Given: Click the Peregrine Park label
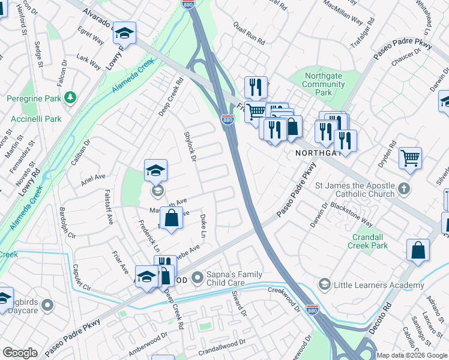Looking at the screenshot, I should [x=32, y=98].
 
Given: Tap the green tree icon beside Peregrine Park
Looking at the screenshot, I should [x=71, y=97].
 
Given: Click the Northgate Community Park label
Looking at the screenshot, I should [x=324, y=85].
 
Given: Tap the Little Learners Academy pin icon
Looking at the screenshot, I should [x=325, y=283].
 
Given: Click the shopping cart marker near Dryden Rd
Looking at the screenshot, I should [x=411, y=158].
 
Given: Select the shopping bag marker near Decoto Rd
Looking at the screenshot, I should [x=418, y=250].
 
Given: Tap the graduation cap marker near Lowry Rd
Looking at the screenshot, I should [x=125, y=33].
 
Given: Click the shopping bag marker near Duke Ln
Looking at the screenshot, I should [x=172, y=218].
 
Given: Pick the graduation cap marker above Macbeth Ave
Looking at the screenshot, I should [x=155, y=170].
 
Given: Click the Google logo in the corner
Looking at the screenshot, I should [x=20, y=353].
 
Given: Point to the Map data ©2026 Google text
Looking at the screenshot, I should [x=412, y=355].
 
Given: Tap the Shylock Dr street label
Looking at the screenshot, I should [x=190, y=146].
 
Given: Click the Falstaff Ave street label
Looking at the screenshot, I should [x=109, y=207].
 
